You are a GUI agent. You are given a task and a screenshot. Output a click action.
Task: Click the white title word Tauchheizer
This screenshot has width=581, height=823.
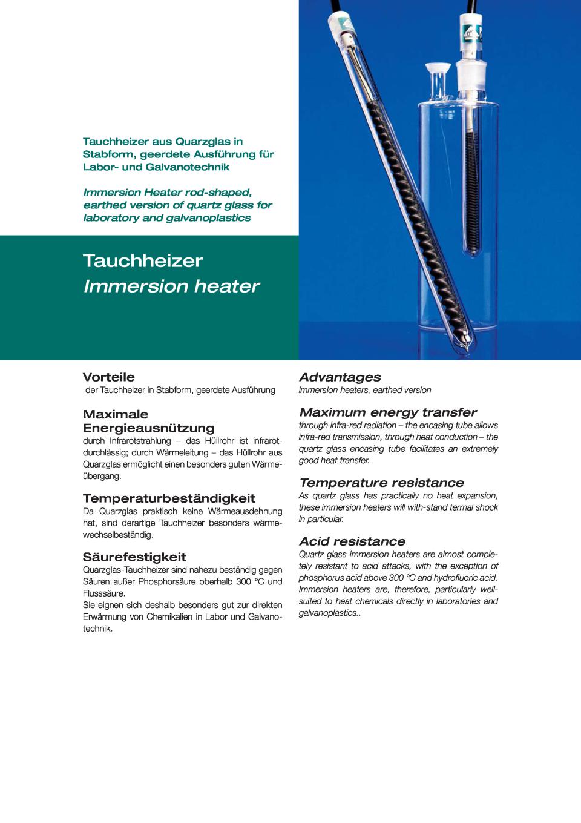point(143,261)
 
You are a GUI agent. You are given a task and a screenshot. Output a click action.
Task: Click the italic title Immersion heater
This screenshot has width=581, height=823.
point(171,286)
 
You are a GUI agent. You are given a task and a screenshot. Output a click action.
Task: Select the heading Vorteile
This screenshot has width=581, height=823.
point(108,377)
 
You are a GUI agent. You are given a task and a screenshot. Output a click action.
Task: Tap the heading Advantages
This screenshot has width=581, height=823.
point(340,377)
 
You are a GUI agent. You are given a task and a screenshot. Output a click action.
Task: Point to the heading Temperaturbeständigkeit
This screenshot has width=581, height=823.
point(169,498)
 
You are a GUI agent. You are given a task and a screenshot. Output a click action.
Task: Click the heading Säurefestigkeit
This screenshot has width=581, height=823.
point(134,557)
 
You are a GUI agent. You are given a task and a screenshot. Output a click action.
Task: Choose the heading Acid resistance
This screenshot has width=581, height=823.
point(352,541)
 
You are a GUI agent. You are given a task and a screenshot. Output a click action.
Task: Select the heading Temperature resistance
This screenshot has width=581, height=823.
point(381,483)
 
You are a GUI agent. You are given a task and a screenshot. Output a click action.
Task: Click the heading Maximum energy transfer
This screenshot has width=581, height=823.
point(388,412)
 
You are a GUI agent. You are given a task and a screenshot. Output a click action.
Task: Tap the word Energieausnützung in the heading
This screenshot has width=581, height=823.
point(148,428)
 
